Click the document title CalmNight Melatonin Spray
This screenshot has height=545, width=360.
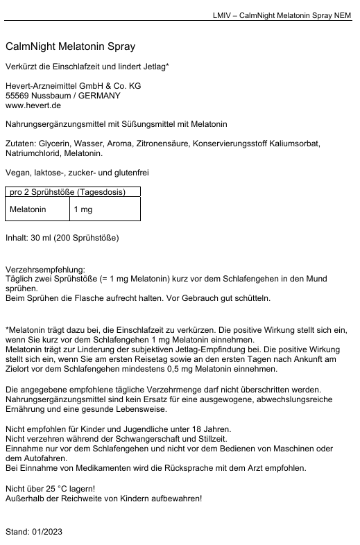[x=70, y=47]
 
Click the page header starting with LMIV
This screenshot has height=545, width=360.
[x=281, y=15]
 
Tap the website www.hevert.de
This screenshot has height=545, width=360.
[x=33, y=105]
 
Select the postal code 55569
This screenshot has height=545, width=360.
[x=17, y=96]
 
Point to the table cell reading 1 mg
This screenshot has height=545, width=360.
[x=83, y=209]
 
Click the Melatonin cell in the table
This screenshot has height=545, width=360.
[x=28, y=209]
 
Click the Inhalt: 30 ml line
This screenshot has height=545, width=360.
[x=62, y=238]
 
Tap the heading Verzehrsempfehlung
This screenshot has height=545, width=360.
[x=44, y=269]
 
